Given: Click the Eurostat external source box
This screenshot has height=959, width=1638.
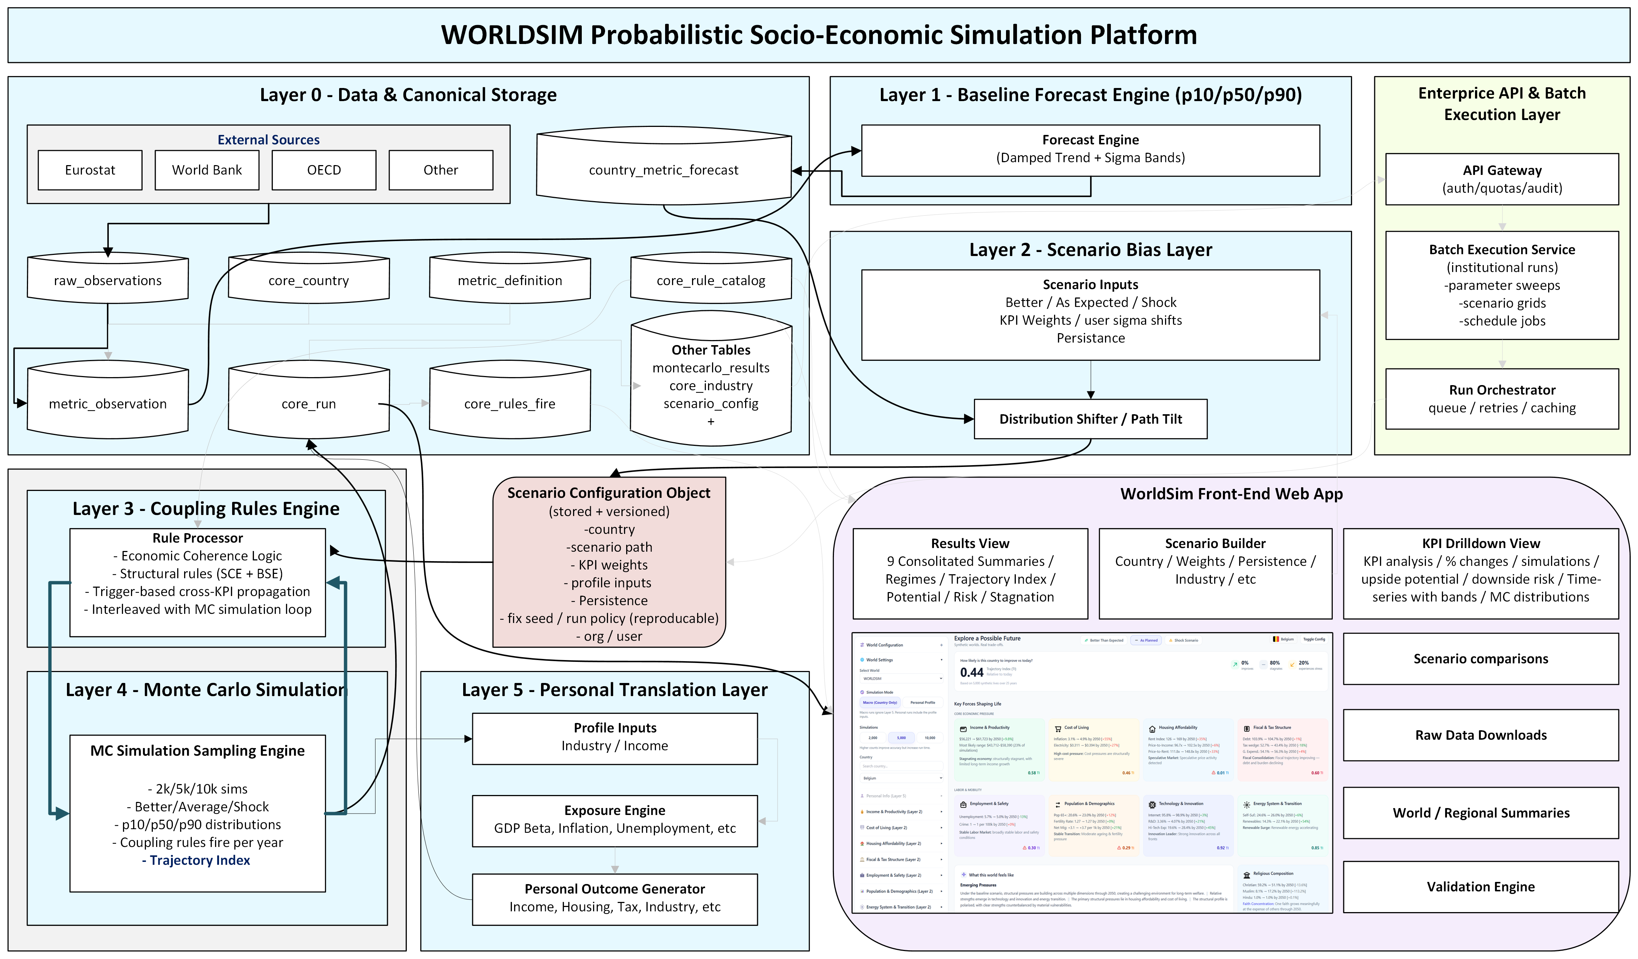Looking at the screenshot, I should (x=90, y=170).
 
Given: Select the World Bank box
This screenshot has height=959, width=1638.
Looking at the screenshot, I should (x=207, y=170).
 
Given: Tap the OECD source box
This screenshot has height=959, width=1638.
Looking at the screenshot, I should (x=324, y=170).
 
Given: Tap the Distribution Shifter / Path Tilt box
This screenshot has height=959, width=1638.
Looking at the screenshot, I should (x=1090, y=419).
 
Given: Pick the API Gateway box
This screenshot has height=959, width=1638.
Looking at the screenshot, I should (x=1502, y=179).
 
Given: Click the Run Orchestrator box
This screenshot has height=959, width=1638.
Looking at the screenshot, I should (x=1502, y=399).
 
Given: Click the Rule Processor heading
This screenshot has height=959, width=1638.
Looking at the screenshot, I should (x=198, y=538).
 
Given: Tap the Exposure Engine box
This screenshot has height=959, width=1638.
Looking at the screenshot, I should (x=614, y=820).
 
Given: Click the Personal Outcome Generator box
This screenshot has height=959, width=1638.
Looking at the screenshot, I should (x=614, y=898).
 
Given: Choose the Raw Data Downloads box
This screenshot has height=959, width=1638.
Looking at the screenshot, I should (x=1480, y=735).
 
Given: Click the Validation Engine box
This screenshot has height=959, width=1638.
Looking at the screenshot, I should (x=1480, y=887).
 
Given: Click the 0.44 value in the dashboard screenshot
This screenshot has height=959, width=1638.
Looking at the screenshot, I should (x=971, y=672).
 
